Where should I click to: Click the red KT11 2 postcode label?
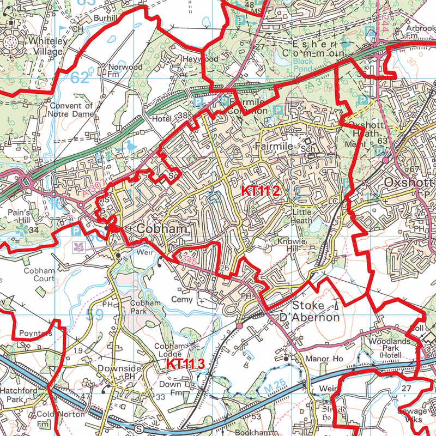(261, 191)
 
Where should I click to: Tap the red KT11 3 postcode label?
(185, 364)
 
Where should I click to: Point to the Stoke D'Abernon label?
(316, 312)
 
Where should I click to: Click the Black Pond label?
(304, 65)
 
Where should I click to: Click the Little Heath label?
(303, 216)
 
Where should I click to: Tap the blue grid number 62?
(80, 78)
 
